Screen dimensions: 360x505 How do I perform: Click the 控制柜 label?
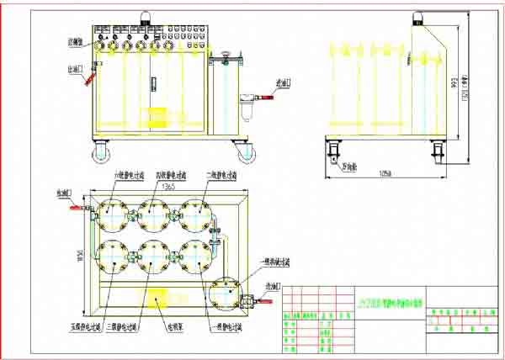pos(75,40)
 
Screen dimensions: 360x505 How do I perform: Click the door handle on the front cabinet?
pos(153,82)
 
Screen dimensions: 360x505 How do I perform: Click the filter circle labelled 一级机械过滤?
pos(226,294)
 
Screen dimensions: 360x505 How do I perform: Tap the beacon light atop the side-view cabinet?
pos(417,16)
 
